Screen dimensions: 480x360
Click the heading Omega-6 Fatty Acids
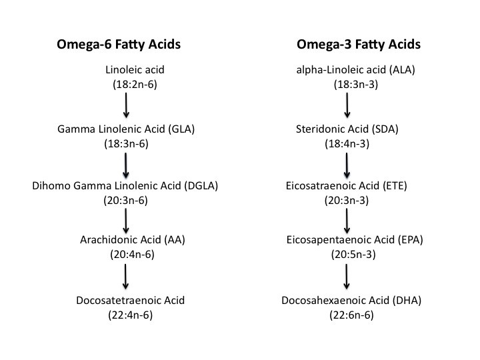(119, 45)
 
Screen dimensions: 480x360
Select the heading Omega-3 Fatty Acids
(359, 45)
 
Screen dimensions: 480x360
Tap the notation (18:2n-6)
(135, 85)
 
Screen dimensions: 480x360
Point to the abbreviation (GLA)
(181, 129)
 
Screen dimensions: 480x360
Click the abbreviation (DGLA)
(201, 186)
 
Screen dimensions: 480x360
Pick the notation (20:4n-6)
(132, 255)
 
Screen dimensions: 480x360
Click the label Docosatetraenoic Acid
(131, 300)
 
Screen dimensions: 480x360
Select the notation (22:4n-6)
(131, 315)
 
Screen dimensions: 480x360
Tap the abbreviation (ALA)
(402, 70)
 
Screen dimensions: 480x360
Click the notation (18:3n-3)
(356, 85)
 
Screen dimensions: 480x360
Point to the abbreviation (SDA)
(385, 129)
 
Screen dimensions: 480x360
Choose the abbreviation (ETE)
(395, 186)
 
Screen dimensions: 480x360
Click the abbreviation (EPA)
(411, 240)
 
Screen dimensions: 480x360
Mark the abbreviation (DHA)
(407, 300)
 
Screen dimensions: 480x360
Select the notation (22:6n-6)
(352, 315)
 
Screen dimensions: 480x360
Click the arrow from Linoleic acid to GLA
(126, 105)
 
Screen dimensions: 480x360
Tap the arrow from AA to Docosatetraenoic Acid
(125, 277)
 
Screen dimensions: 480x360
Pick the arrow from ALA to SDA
(347, 105)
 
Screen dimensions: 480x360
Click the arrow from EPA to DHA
(347, 277)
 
